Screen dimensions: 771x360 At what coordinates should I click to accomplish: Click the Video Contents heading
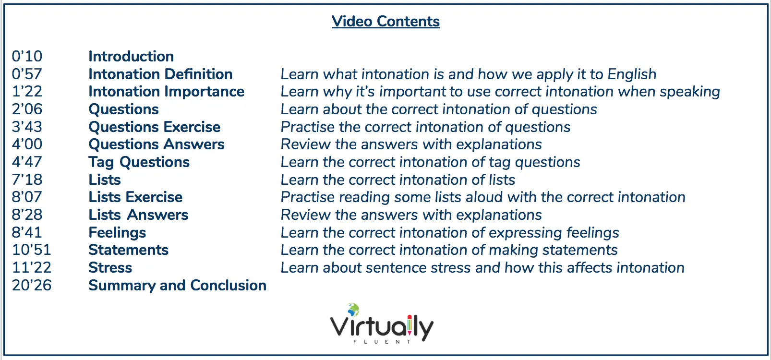point(385,21)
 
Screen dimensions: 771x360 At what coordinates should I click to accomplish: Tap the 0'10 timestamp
point(27,56)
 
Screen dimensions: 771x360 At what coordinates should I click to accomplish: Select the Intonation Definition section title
point(160,74)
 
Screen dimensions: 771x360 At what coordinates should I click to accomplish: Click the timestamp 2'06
point(27,109)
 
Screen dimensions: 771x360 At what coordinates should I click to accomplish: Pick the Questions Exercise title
point(154,127)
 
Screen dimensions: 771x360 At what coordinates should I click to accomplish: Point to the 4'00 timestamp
point(27,144)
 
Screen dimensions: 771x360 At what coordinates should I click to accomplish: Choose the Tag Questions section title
point(139,162)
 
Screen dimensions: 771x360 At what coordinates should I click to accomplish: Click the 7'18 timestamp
point(27,180)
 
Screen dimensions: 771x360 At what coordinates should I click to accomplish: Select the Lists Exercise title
point(135,197)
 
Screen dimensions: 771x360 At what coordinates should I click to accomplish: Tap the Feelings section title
point(117,233)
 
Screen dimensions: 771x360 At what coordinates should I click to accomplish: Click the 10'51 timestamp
point(31,250)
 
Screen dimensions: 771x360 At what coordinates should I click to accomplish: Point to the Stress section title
point(110,267)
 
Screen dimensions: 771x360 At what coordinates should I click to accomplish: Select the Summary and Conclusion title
point(177,285)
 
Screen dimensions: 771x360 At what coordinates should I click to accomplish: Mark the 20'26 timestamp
point(31,285)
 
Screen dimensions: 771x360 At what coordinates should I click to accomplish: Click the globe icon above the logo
point(353,310)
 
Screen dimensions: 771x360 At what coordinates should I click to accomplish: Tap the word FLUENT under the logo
point(382,342)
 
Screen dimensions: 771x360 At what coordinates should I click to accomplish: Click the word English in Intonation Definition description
point(632,74)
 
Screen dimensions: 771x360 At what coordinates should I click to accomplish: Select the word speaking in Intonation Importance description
point(690,92)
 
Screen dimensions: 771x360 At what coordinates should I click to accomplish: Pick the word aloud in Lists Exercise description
point(482,197)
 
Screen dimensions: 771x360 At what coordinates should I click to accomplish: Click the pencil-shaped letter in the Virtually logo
point(410,325)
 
